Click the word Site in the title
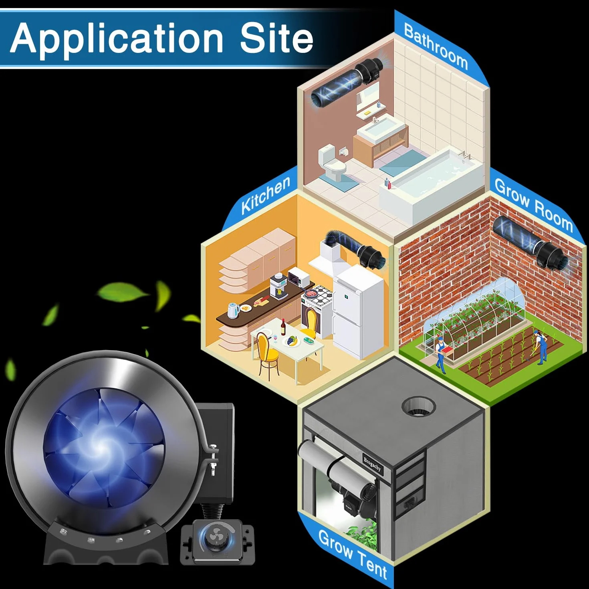click(x=276, y=38)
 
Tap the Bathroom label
click(x=436, y=47)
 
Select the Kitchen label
click(x=266, y=195)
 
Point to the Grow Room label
click(x=533, y=205)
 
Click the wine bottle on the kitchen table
click(x=283, y=327)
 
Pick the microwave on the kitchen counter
click(x=299, y=276)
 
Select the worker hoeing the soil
click(x=541, y=347)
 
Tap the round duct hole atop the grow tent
click(x=418, y=407)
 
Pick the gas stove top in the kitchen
click(x=318, y=295)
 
